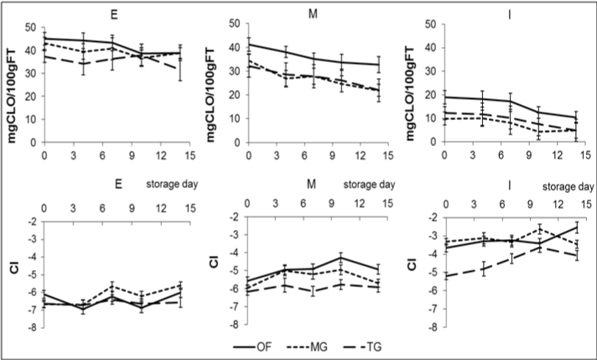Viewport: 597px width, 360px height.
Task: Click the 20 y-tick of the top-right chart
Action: (x=433, y=96)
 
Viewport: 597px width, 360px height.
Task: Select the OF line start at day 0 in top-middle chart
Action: (x=248, y=44)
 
